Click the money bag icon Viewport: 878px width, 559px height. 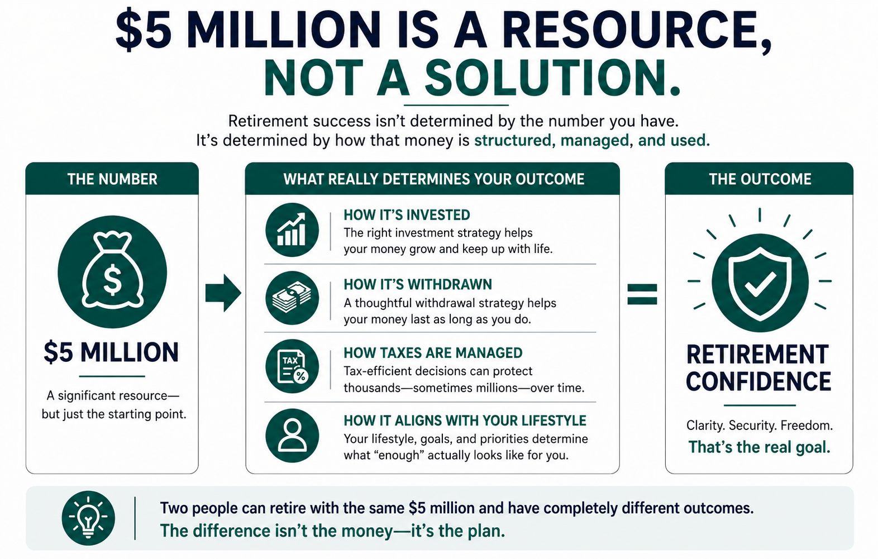[x=112, y=271]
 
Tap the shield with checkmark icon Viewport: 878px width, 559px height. [x=760, y=283]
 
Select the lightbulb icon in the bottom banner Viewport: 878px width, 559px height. [x=88, y=518]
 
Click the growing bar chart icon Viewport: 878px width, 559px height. [x=292, y=230]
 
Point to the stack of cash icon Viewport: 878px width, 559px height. [x=292, y=298]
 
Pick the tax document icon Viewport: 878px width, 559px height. [x=292, y=366]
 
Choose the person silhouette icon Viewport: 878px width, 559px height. [x=292, y=436]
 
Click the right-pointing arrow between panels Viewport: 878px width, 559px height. [x=223, y=293]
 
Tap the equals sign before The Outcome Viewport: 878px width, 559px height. [x=642, y=294]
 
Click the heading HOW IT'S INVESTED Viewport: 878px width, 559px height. [x=407, y=215]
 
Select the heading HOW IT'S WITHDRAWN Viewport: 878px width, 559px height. [x=417, y=284]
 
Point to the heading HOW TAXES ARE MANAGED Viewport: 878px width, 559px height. [x=433, y=353]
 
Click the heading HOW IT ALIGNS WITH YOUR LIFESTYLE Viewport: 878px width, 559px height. [x=465, y=421]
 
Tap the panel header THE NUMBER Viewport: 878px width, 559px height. [x=112, y=179]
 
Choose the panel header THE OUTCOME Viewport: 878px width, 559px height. [x=760, y=179]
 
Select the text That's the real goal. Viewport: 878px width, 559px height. [x=759, y=447]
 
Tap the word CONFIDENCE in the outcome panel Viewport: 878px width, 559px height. [x=758, y=381]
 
